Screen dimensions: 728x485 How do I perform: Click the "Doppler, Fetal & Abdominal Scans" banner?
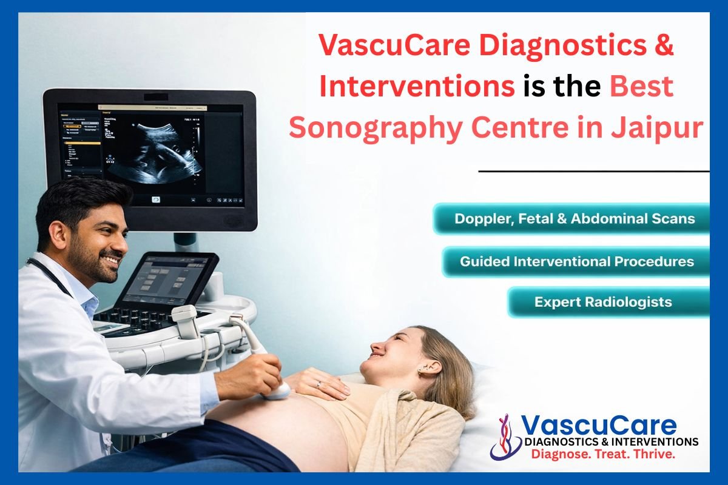pyautogui.click(x=571, y=218)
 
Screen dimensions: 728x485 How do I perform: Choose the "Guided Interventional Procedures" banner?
pyautogui.click(x=576, y=261)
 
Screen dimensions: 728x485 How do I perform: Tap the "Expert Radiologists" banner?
pyautogui.click(x=608, y=302)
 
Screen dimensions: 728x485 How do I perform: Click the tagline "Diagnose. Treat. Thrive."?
pyautogui.click(x=603, y=454)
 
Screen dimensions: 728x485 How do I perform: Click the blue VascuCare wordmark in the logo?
pyautogui.click(x=599, y=426)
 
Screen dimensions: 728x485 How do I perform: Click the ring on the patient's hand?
pyautogui.click(x=318, y=384)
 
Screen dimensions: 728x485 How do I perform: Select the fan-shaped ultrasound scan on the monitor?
pyautogui.click(x=155, y=152)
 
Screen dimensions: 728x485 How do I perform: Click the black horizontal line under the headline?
pyautogui.click(x=594, y=171)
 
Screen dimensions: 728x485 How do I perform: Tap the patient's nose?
pyautogui.click(x=377, y=350)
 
